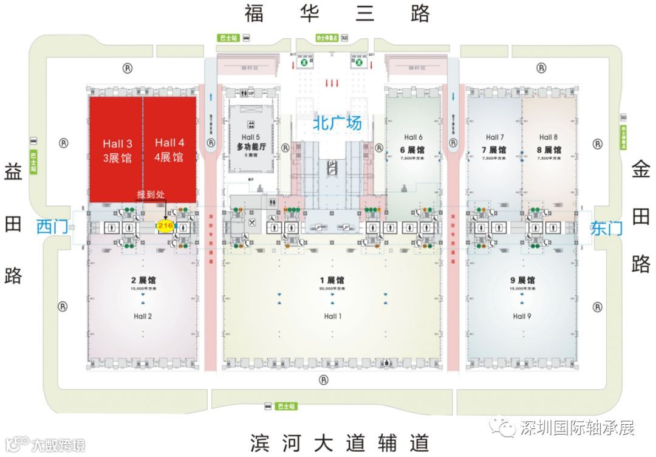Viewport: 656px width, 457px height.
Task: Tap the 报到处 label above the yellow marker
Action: (151, 194)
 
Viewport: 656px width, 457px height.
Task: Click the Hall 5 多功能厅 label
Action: (248, 142)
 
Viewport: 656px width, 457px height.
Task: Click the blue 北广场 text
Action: (337, 123)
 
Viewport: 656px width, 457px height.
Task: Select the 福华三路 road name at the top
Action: (337, 13)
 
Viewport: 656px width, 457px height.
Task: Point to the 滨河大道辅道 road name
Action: (340, 442)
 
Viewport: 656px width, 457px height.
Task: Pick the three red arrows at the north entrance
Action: (332, 83)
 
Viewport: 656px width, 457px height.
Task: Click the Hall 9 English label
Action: (522, 316)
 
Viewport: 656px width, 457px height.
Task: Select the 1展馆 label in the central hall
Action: (332, 280)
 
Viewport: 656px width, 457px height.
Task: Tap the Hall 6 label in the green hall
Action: (412, 137)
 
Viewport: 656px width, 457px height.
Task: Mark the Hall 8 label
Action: (548, 137)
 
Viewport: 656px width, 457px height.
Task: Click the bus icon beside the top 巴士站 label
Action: (247, 38)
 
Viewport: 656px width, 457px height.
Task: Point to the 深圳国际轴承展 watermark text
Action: (576, 428)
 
